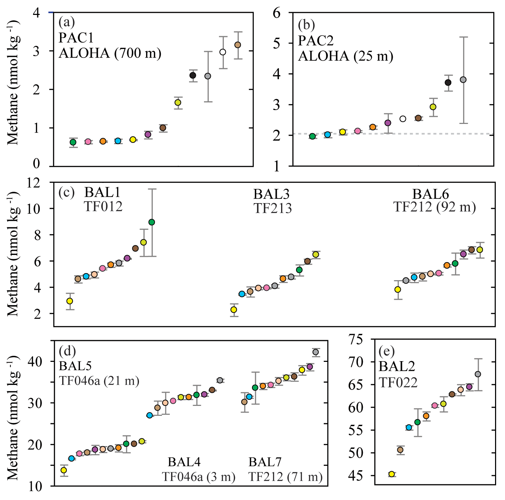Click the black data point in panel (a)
pyautogui.click(x=193, y=75)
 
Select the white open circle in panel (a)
pyautogui.click(x=223, y=52)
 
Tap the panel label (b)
pyautogui.click(x=306, y=25)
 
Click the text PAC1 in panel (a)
pyautogui.click(x=76, y=38)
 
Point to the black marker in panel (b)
pyautogui.click(x=448, y=82)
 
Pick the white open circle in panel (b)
pyautogui.click(x=403, y=119)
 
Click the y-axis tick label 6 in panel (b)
pyautogui.click(x=276, y=13)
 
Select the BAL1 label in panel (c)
pyautogui.click(x=102, y=192)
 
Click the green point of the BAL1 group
pyautogui.click(x=152, y=222)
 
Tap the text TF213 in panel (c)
pyautogui.click(x=273, y=208)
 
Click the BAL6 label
pyautogui.click(x=430, y=194)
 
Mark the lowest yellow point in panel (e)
pyautogui.click(x=392, y=474)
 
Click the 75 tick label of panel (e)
pyautogui.click(x=355, y=339)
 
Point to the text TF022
pyautogui.click(x=398, y=382)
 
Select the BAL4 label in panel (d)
pyautogui.click(x=184, y=462)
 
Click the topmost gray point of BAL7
pyautogui.click(x=315, y=352)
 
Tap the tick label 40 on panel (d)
pyautogui.click(x=36, y=362)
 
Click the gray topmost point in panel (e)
pyautogui.click(x=478, y=374)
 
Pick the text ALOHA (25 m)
pyautogui.click(x=345, y=56)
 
